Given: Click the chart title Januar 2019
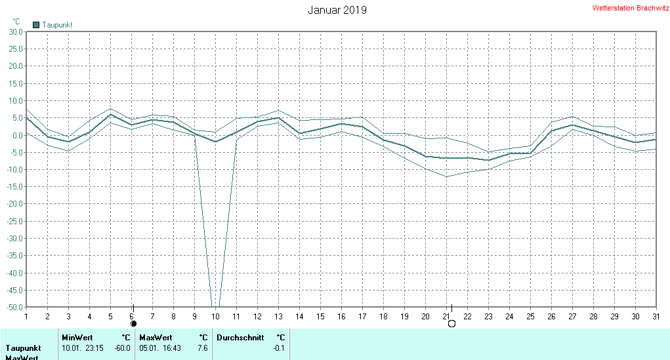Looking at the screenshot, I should click(337, 10).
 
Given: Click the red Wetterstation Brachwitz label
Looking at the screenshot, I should click(631, 9).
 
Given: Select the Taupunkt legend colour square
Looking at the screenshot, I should click(37, 25).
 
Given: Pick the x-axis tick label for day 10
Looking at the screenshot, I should click(215, 317).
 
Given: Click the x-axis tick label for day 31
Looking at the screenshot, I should click(656, 317).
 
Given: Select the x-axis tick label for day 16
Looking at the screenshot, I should click(341, 317).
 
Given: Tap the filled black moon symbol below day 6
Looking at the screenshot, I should click(134, 323).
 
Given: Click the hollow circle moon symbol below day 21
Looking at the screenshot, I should click(451, 323).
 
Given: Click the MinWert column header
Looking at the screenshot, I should click(77, 338).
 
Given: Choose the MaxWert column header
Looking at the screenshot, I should click(156, 338).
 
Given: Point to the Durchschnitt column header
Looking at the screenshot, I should click(240, 338).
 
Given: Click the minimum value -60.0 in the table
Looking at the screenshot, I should click(123, 348).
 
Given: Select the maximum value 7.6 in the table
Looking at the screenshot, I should click(202, 348).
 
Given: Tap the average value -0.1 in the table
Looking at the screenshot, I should click(279, 348).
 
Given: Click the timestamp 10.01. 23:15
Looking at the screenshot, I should click(83, 348).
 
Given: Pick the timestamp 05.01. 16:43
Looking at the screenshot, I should click(160, 348).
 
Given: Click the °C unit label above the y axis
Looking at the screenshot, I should click(16, 22).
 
